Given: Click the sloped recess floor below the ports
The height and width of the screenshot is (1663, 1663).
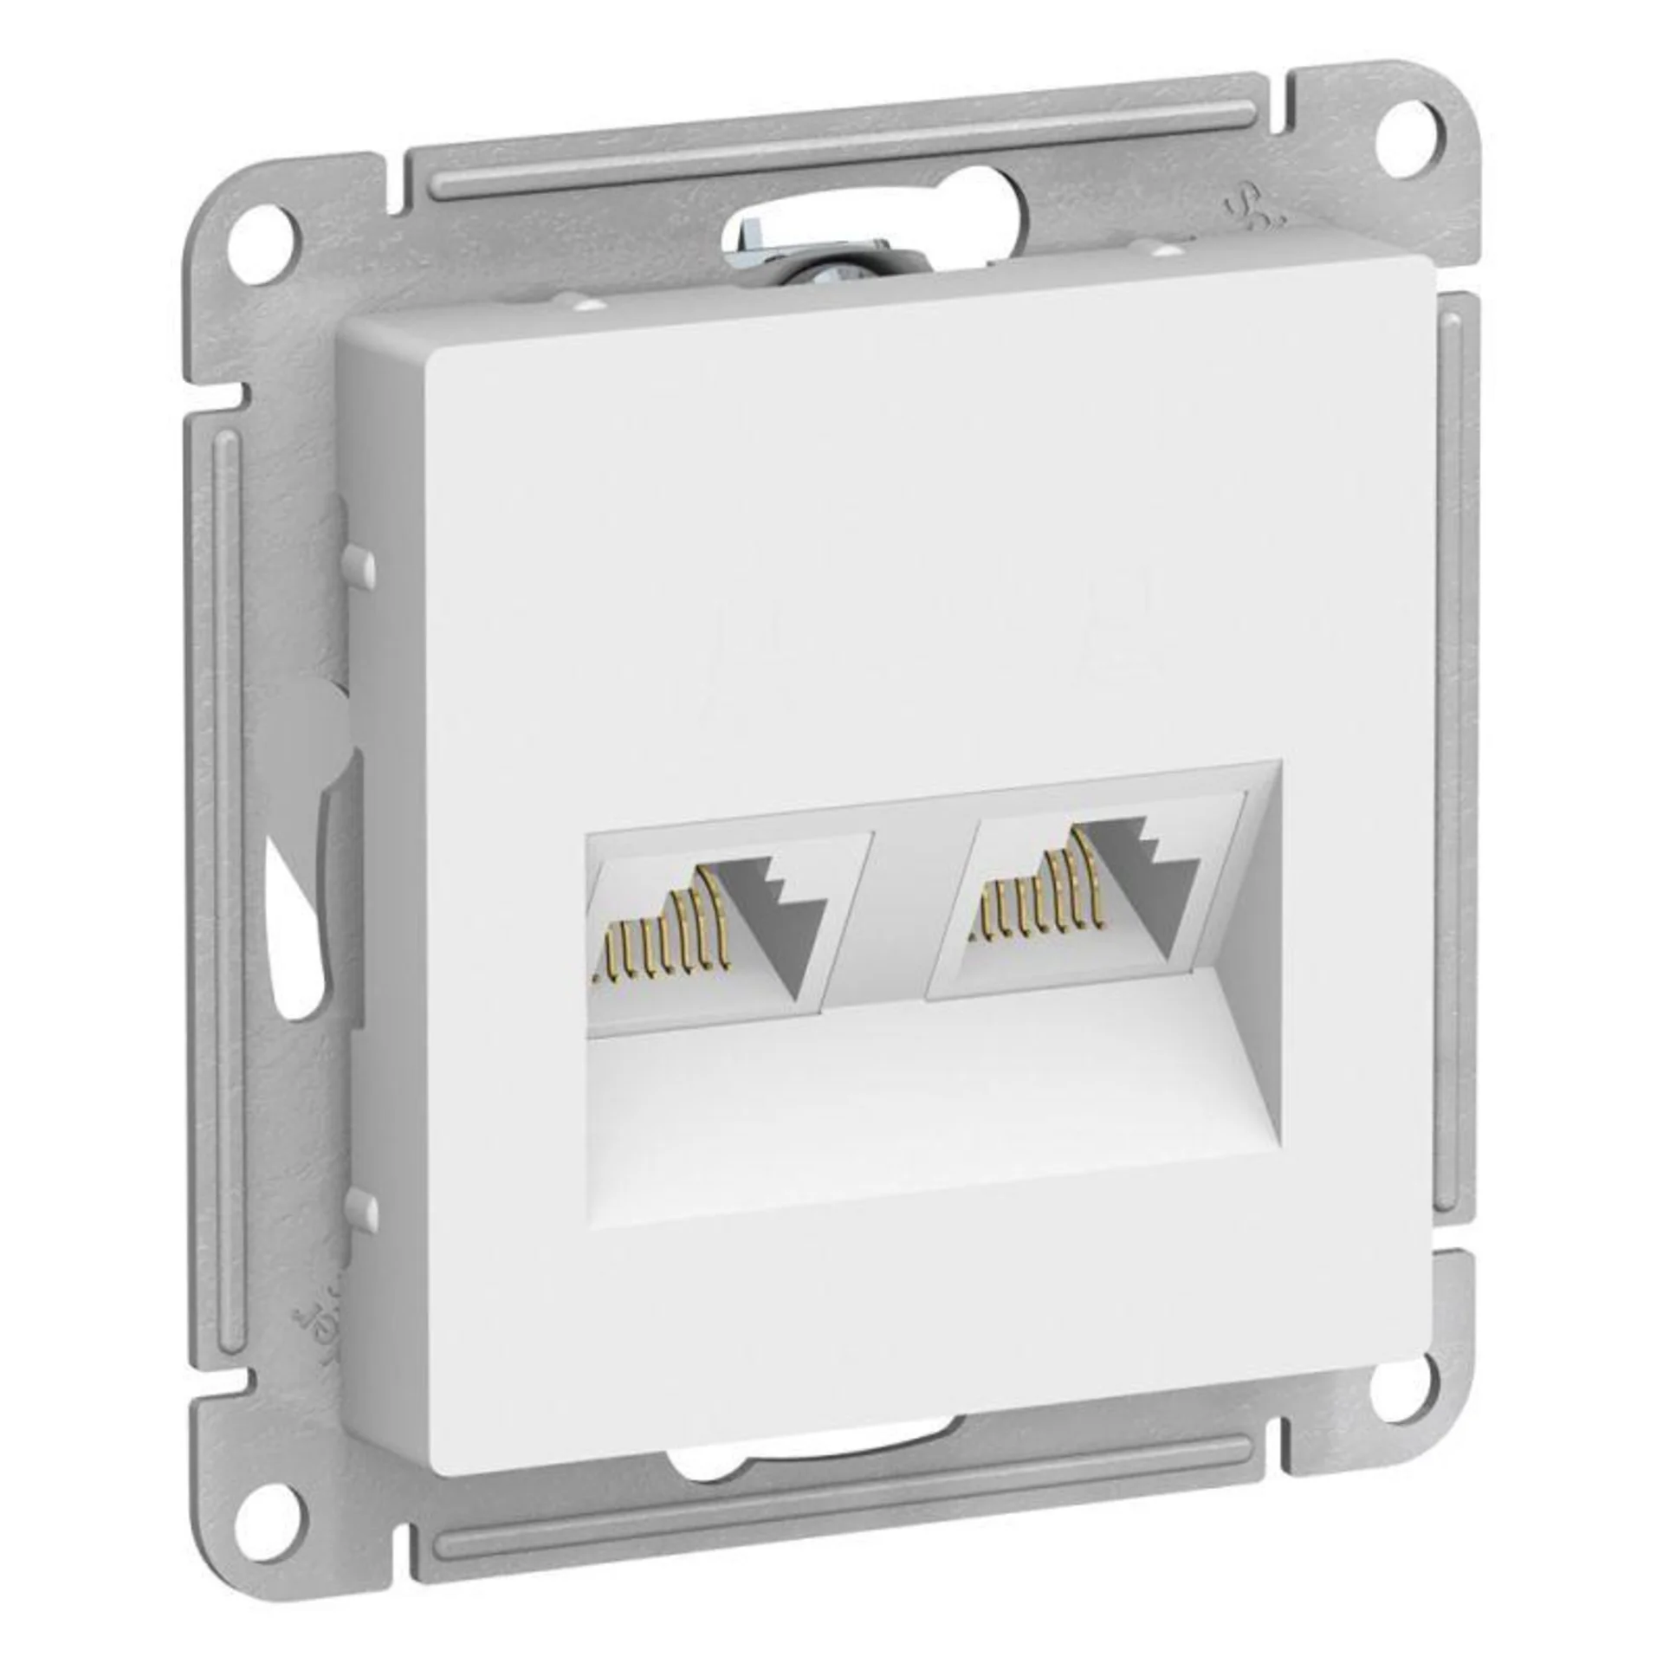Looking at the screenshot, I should pyautogui.click(x=909, y=1100).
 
